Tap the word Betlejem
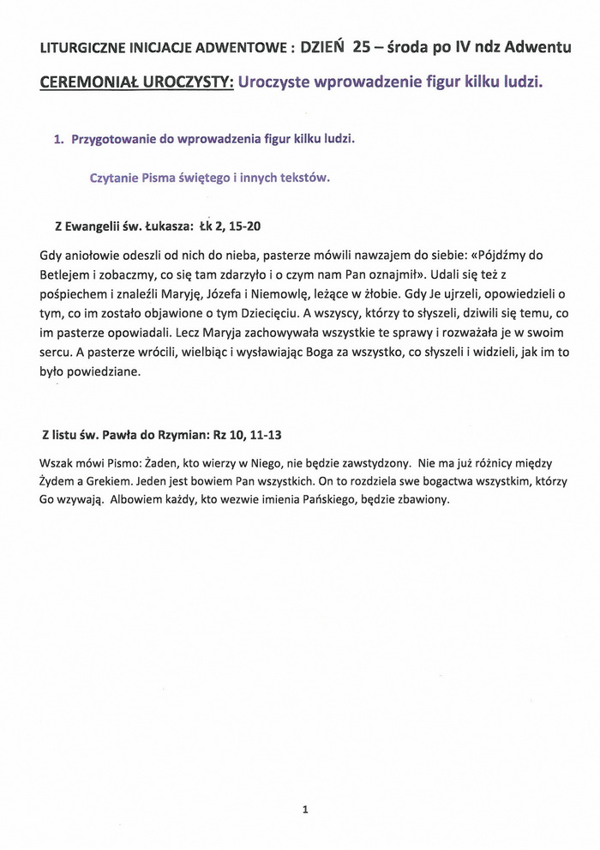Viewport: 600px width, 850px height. coord(67,274)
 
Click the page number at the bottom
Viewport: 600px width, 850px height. coord(305,808)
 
